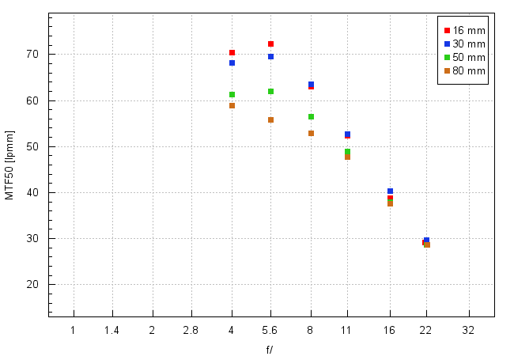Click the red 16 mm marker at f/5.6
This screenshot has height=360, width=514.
[x=270, y=44]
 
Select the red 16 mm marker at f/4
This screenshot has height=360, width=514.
[x=232, y=52]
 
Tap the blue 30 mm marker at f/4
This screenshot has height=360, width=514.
[x=232, y=63]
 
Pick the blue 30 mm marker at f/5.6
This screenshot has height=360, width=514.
[x=270, y=56]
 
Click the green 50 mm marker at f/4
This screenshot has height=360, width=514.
[x=232, y=94]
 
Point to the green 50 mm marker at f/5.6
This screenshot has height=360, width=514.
[x=270, y=91]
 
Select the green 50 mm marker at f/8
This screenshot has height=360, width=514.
[x=311, y=116]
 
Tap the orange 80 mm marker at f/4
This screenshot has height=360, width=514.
[x=232, y=105]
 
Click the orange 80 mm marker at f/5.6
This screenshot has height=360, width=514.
[x=270, y=119]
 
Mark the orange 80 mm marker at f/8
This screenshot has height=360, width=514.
[x=311, y=133]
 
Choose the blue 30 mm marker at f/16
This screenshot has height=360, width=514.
[x=390, y=191]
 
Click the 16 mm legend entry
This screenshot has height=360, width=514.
[x=463, y=30]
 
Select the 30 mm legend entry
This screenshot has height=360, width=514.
[x=463, y=44]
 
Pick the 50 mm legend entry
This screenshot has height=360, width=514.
[x=463, y=57]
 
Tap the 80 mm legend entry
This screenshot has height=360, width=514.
[x=463, y=70]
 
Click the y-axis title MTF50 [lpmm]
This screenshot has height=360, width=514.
[x=10, y=165]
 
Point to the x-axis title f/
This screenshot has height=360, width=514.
[x=270, y=349]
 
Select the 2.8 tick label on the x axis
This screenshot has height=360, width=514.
[x=191, y=330]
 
